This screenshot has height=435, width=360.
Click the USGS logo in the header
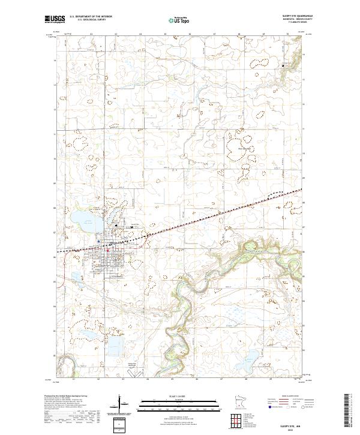pyautogui.click(x=55, y=19)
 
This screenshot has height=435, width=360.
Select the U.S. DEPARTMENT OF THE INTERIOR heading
pyautogui.click(x=91, y=17)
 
